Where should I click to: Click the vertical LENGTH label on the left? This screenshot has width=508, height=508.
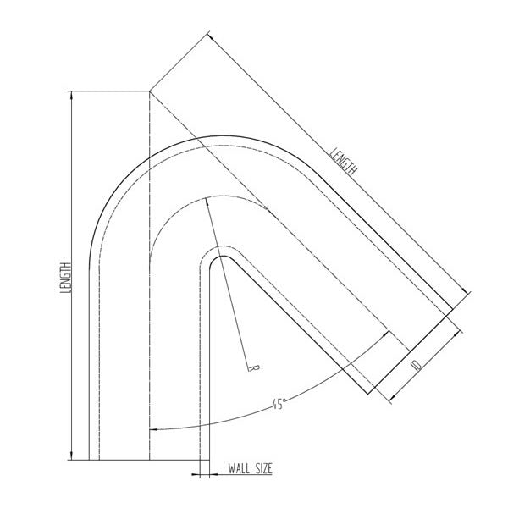click(65, 278)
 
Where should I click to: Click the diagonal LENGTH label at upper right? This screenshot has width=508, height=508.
click(343, 162)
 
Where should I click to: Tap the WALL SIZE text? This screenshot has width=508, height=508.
click(250, 468)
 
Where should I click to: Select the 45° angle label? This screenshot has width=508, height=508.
click(279, 404)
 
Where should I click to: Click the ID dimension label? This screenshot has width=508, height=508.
click(417, 365)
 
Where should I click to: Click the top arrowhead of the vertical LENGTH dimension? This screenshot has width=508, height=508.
click(72, 95)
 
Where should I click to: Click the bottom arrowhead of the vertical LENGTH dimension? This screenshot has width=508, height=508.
click(72, 456)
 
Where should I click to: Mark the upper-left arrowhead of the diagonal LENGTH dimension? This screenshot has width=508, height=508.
click(210, 36)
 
